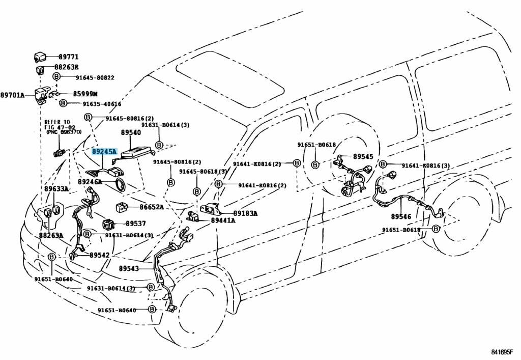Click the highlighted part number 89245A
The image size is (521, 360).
(104, 152)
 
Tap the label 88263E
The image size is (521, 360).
(66, 67)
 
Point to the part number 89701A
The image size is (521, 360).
(12, 95)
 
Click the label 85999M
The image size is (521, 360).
(85, 94)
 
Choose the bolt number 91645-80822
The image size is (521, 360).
(95, 77)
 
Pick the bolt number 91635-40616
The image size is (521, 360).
(102, 104)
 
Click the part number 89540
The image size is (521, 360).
(131, 132)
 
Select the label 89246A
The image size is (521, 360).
(90, 181)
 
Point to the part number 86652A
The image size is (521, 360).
(152, 207)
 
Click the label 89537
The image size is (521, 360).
(136, 224)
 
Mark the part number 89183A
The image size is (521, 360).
(245, 213)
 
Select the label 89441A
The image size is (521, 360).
(223, 220)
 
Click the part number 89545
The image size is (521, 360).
(363, 157)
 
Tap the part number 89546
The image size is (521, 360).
(401, 216)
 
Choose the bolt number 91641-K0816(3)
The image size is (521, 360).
(426, 165)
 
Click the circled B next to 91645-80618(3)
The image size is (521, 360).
(196, 191)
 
